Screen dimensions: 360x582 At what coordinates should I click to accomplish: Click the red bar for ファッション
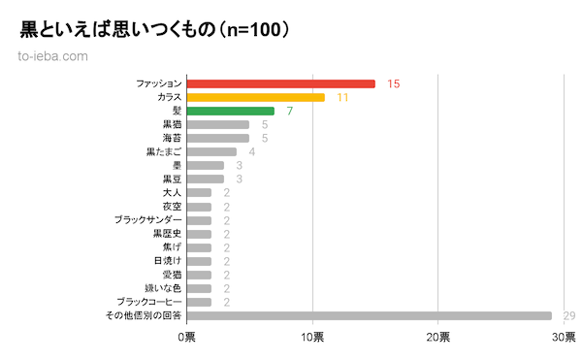pos(280,83)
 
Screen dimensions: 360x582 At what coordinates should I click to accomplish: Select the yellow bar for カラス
pos(255,97)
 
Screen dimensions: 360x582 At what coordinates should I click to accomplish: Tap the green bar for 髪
pos(230,111)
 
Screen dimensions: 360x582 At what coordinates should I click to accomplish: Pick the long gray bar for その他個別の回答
pos(369,315)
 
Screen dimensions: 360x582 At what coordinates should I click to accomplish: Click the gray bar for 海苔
pos(217,138)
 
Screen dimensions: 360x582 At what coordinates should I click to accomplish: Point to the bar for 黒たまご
pos(211,151)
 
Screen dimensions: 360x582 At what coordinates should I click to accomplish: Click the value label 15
pos(393,83)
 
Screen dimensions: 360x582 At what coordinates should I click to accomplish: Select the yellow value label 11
pos(342,97)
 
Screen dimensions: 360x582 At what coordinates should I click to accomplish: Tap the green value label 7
pos(289,111)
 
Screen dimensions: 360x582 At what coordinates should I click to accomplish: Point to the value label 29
pos(569,315)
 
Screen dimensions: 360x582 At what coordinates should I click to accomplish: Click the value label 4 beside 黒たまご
pos(251,151)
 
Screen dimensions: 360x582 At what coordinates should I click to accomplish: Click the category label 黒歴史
pos(167,234)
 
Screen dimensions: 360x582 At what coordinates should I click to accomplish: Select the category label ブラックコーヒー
pos(148,302)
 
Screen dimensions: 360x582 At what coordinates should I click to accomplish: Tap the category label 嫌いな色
pos(162,288)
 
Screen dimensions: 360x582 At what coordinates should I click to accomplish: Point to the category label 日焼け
pos(167,261)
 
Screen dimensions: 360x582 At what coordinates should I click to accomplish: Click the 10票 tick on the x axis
pos(312,337)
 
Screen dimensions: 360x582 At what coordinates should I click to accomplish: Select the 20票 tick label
pos(437,337)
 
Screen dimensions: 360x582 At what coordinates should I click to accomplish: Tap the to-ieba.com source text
pos(53,55)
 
